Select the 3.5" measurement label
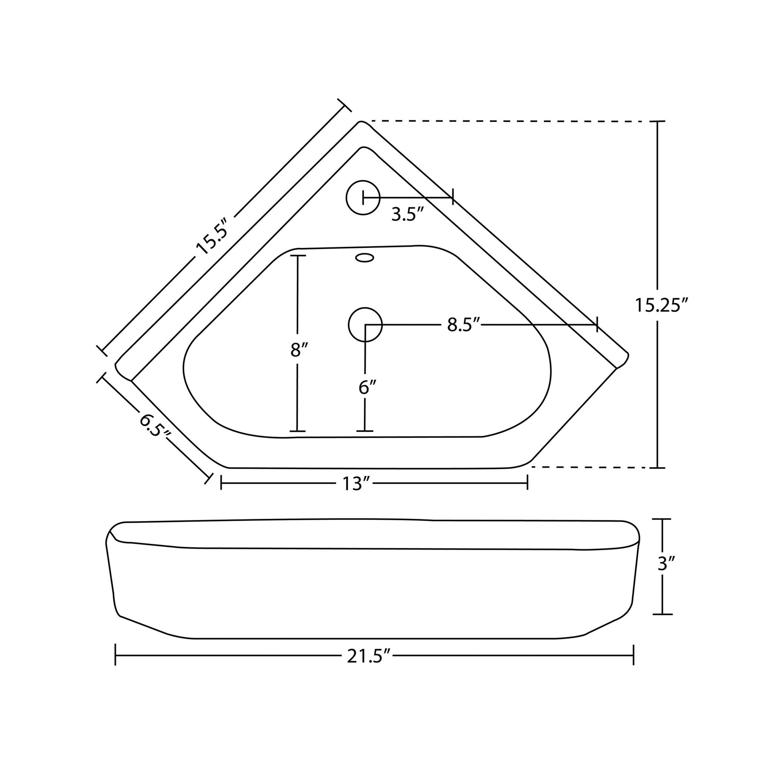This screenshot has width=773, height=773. point(407,215)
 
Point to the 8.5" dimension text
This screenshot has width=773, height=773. point(463,325)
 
